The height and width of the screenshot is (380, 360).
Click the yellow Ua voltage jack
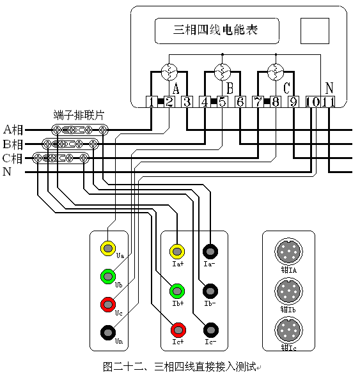[109, 248]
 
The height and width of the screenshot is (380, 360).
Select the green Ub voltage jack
[109, 277]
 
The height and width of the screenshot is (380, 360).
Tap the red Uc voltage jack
[109, 304]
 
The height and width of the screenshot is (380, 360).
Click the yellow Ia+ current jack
[178, 250]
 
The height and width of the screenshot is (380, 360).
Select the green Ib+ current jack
[178, 291]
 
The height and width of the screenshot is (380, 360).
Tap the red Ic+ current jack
[178, 330]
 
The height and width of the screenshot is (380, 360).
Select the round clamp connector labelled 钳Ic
[288, 330]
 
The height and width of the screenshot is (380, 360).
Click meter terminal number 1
[151, 102]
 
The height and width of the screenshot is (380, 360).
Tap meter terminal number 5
[222, 102]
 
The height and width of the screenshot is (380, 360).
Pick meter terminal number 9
[293, 102]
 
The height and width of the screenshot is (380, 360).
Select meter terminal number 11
[328, 102]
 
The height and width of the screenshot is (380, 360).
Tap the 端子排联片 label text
[79, 115]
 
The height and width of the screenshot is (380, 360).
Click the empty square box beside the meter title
[314, 31]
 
